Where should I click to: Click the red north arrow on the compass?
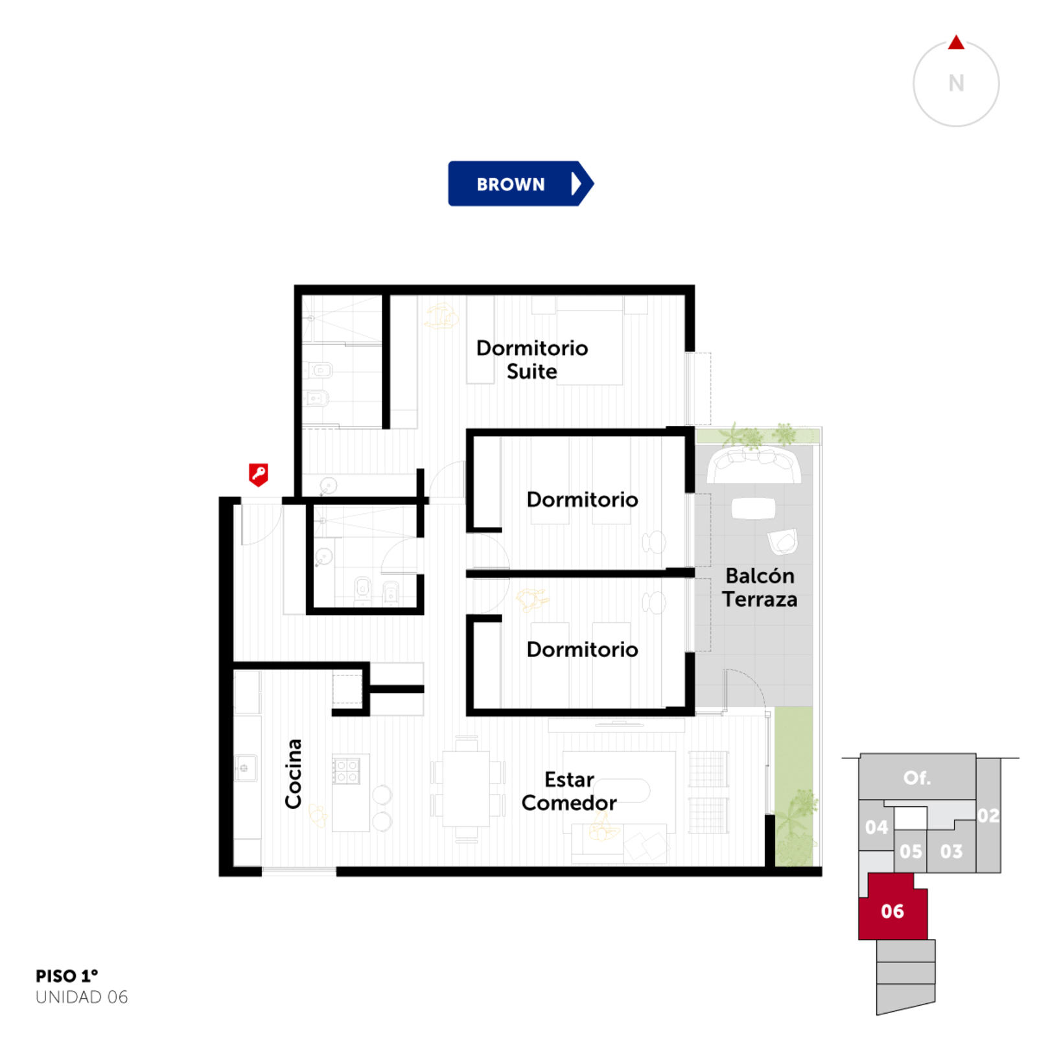click(x=956, y=43)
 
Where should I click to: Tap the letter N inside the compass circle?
click(x=956, y=83)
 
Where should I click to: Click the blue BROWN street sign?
click(x=520, y=183)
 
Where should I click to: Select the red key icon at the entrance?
click(x=259, y=474)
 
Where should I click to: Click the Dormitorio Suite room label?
click(x=532, y=360)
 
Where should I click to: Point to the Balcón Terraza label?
click(x=760, y=587)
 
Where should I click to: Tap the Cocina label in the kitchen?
click(x=294, y=773)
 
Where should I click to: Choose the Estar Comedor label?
click(x=569, y=791)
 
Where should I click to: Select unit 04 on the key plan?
click(x=876, y=827)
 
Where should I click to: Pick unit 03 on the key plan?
click(x=951, y=851)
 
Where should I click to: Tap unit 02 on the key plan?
click(x=988, y=815)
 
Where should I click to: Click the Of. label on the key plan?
click(x=917, y=777)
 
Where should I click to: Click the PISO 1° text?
click(x=67, y=975)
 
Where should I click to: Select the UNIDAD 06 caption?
click(x=82, y=997)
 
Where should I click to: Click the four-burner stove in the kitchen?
click(x=347, y=770)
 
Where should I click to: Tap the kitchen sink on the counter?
click(x=245, y=768)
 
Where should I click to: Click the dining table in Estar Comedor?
click(x=466, y=788)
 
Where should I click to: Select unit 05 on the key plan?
click(x=911, y=851)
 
